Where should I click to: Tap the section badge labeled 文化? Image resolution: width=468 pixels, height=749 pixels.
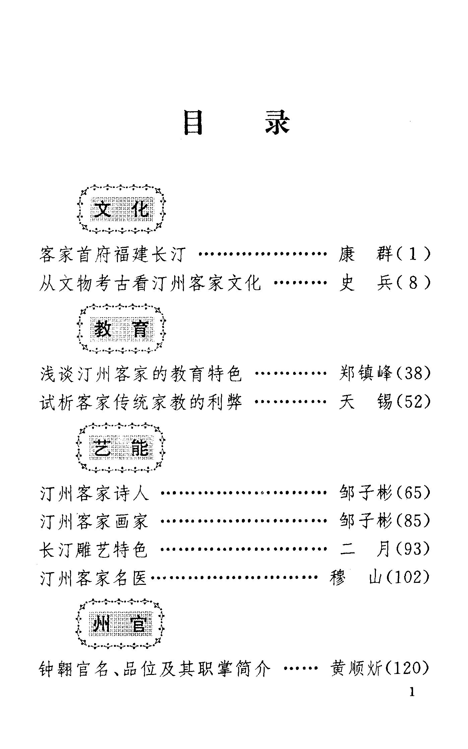pyautogui.click(x=121, y=209)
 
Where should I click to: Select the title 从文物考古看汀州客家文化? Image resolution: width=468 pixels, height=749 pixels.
pyautogui.click(x=150, y=283)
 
